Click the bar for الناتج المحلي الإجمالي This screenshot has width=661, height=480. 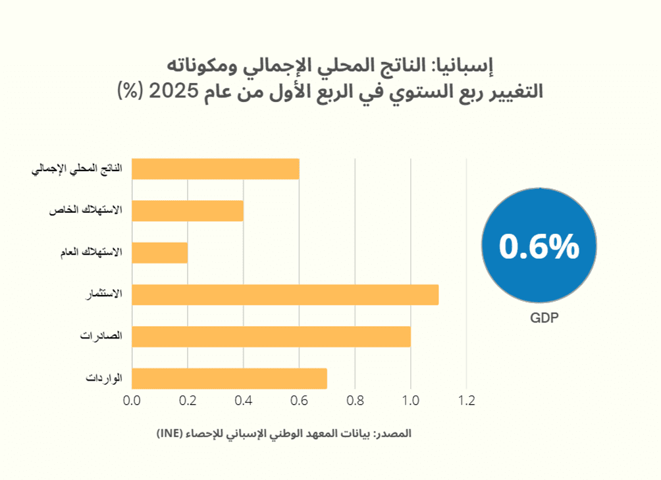tap(216, 169)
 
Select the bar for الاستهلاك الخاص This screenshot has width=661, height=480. tap(188, 211)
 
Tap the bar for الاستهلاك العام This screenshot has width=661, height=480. tap(160, 253)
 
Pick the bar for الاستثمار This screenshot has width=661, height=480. tap(285, 295)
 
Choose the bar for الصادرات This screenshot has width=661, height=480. tap(271, 337)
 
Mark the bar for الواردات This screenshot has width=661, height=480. tap(230, 379)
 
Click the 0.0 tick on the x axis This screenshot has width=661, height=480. tap(132, 400)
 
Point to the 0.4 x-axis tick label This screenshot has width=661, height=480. tap(244, 400)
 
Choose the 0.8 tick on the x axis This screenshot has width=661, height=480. tap(355, 400)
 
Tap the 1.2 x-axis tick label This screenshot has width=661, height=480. tap(466, 400)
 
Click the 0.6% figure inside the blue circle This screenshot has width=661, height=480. tap(539, 246)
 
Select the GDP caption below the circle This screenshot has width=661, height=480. tap(544, 319)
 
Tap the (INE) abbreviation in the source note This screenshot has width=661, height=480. tap(173, 434)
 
